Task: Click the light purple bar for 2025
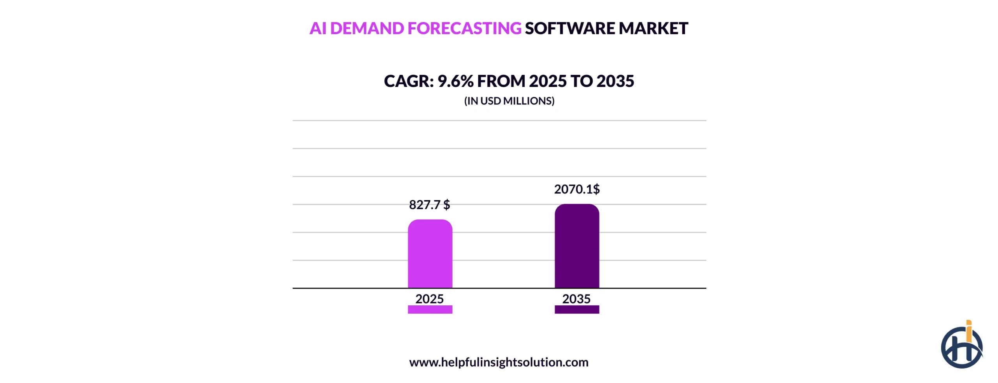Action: (x=430, y=254)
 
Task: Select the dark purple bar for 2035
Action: (x=577, y=246)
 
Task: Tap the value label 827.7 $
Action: (x=429, y=205)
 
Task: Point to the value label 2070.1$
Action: (x=577, y=189)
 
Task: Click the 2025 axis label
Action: (x=429, y=299)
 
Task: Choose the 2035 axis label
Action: (x=576, y=299)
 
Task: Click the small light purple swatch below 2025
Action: (x=430, y=310)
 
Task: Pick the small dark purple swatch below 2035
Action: (x=577, y=310)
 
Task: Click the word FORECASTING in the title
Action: (x=464, y=28)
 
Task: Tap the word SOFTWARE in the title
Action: (x=570, y=28)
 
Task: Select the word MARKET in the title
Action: (x=653, y=28)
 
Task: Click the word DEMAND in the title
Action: (x=366, y=28)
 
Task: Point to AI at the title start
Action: (x=318, y=28)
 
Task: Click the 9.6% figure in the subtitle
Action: (x=455, y=81)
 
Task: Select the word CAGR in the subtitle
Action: (x=408, y=81)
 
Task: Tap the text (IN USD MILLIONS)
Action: (x=509, y=101)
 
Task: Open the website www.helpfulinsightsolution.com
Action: (x=499, y=362)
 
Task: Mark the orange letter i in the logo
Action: (x=969, y=332)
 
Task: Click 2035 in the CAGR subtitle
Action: (x=615, y=81)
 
